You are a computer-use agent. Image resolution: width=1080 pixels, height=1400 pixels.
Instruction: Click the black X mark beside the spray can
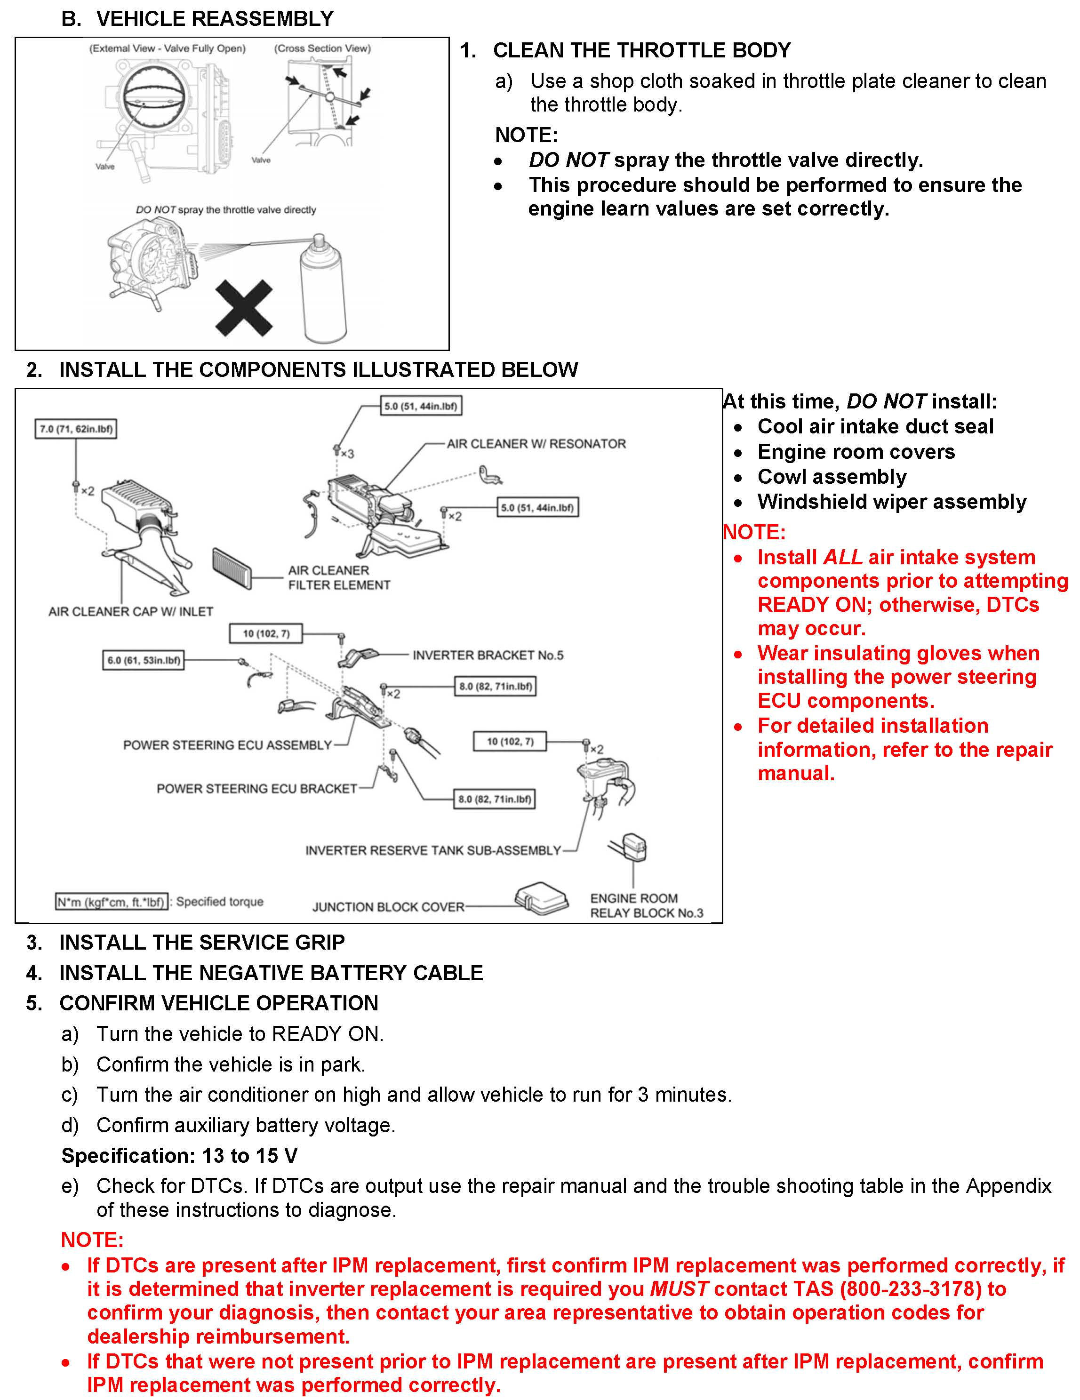click(x=244, y=308)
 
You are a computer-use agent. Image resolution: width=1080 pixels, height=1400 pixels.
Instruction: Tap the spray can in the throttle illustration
click(x=324, y=292)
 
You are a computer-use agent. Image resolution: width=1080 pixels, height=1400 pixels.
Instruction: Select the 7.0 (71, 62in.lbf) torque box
click(x=76, y=429)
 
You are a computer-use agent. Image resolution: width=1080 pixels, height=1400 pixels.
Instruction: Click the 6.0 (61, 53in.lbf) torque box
click(x=144, y=660)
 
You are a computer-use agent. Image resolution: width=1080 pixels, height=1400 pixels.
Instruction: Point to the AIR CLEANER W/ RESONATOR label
click(x=536, y=444)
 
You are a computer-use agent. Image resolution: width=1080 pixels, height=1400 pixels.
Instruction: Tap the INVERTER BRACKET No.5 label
click(x=488, y=655)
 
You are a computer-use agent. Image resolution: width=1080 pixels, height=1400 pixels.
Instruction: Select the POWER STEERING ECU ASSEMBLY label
click(x=228, y=745)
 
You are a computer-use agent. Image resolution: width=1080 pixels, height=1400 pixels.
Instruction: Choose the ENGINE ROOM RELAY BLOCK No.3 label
click(x=646, y=906)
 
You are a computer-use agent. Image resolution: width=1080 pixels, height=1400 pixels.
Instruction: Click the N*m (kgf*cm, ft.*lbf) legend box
click(x=112, y=902)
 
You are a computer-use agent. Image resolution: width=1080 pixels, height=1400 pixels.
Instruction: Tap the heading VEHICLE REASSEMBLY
click(x=215, y=19)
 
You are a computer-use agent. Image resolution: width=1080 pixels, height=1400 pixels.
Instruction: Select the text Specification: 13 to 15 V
click(x=179, y=1156)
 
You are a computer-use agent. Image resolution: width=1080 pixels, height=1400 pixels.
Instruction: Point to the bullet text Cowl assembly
click(x=832, y=477)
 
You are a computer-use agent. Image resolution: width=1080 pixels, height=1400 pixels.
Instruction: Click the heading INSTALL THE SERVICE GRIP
click(x=202, y=942)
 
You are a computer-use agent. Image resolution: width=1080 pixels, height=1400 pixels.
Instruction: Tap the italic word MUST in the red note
click(x=679, y=1289)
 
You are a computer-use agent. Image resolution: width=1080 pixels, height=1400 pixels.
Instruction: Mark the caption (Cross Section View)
click(x=322, y=49)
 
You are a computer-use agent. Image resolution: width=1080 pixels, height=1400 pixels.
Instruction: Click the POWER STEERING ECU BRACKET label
click(x=256, y=788)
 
